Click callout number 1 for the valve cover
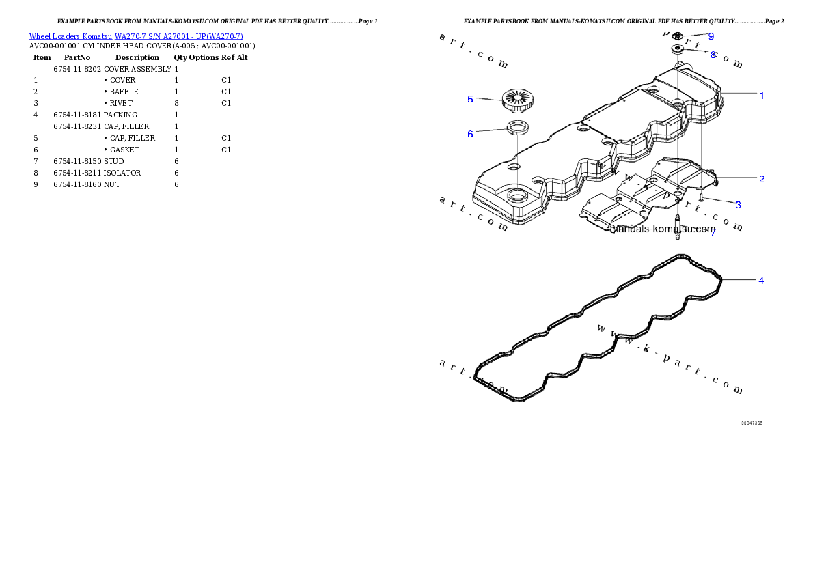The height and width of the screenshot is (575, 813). tap(762, 96)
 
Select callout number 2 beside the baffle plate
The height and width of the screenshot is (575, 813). tap(762, 179)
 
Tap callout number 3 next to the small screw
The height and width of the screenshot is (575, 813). tap(738, 205)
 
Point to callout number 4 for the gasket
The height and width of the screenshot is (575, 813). tap(761, 281)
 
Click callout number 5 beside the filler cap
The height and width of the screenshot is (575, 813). tap(470, 99)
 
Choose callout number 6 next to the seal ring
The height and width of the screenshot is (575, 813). tap(470, 134)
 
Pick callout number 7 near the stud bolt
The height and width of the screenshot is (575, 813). tap(713, 233)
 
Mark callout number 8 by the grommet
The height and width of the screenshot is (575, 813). tap(713, 55)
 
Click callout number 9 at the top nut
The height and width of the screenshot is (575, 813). tap(711, 36)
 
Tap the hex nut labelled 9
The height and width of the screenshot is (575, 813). tap(678, 36)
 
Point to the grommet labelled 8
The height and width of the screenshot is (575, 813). tap(678, 49)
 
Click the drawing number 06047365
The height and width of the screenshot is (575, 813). tap(752, 423)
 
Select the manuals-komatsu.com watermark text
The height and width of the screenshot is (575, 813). tap(663, 229)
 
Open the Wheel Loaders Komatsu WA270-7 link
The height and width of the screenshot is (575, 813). tap(136, 36)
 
